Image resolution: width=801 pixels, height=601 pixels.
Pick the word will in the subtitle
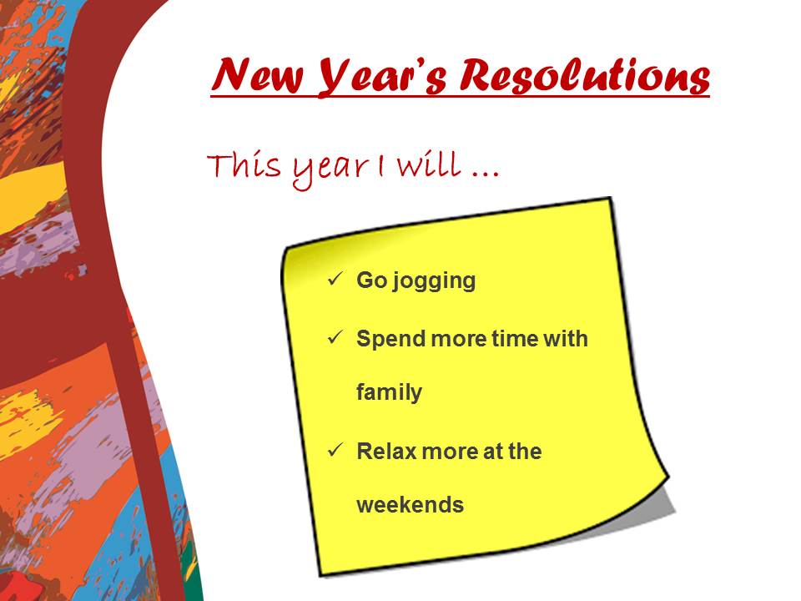click(429, 164)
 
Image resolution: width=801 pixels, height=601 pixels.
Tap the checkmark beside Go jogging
click(335, 279)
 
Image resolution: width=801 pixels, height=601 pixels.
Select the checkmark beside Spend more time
click(335, 337)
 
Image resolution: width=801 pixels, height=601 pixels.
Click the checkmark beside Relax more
click(335, 450)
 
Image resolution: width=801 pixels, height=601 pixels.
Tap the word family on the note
click(390, 393)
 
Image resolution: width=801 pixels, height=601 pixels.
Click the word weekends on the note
click(411, 505)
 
